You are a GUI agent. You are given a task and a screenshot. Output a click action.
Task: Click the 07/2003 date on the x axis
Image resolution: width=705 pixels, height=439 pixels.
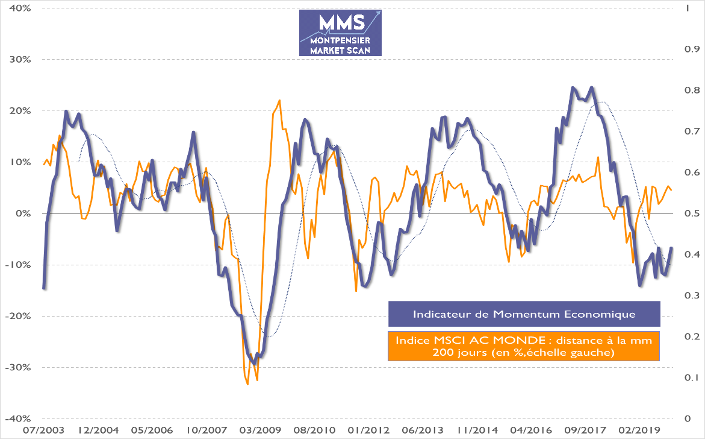coord(43,431)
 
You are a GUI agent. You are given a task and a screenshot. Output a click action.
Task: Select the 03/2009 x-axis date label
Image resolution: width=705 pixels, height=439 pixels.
coord(256,431)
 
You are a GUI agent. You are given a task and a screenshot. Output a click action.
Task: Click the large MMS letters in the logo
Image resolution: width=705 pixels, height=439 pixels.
coord(341,22)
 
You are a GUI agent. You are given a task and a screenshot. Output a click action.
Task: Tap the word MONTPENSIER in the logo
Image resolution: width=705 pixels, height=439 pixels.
coord(340,41)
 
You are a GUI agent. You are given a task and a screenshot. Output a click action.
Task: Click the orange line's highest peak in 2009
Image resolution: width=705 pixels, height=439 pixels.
coord(279,101)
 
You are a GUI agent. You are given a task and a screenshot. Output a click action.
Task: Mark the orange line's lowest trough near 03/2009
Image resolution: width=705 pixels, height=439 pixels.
coord(247,384)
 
